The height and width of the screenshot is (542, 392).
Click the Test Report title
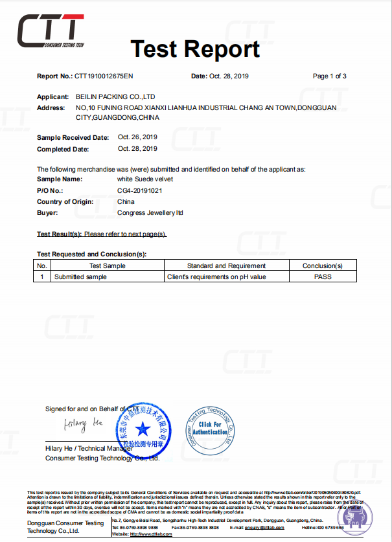point(195,49)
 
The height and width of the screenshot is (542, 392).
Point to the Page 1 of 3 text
point(329,76)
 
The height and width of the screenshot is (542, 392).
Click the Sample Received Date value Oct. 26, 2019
point(137,137)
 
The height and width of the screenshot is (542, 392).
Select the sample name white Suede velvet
point(144,179)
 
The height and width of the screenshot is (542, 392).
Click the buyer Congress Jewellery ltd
point(150,212)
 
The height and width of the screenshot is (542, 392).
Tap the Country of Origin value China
point(126,201)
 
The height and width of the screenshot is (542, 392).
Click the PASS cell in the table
point(322,277)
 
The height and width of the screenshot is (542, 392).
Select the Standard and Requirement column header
point(226,265)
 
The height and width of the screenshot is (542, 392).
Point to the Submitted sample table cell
point(80,277)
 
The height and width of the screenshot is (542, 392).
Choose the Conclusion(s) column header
point(322,265)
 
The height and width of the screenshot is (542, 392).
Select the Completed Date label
point(62,149)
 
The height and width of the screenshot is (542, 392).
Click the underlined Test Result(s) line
point(102,233)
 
